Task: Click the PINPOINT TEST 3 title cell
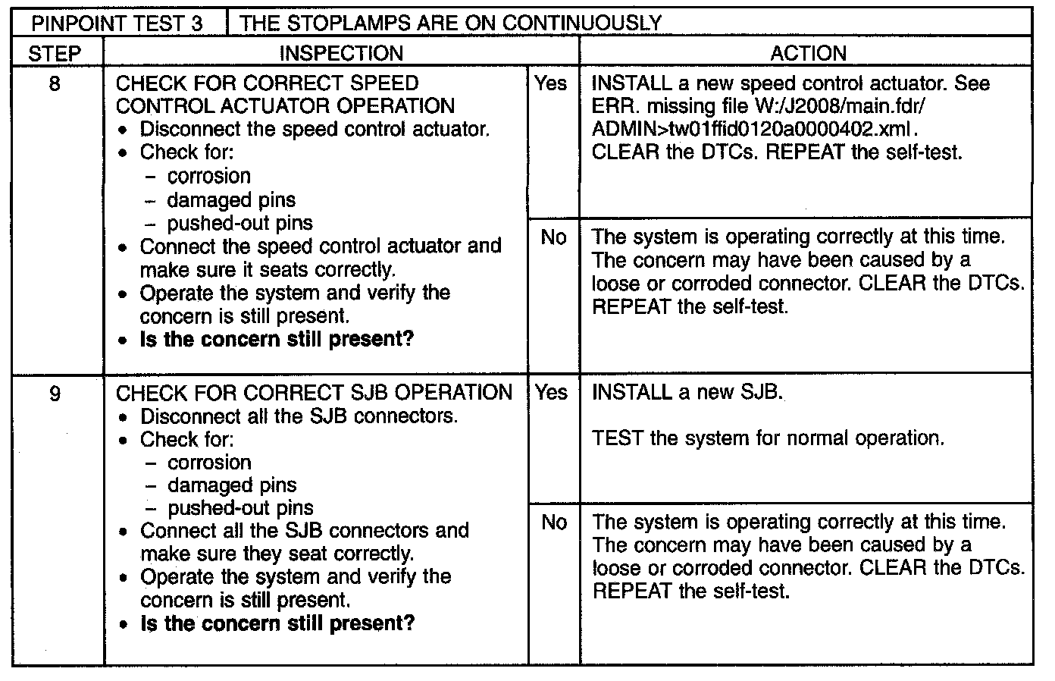[x=117, y=23]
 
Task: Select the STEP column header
[x=55, y=53]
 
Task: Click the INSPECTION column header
[x=341, y=53]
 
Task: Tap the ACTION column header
[x=808, y=53]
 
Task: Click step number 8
[x=55, y=83]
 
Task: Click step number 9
[x=55, y=393]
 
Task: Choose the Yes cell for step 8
[x=551, y=83]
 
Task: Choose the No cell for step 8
[x=553, y=237]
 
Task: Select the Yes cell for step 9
[x=551, y=392]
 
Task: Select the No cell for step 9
[x=554, y=522]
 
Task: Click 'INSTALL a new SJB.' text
[x=687, y=392]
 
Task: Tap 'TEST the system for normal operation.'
[x=768, y=438]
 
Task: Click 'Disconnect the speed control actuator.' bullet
[x=315, y=129]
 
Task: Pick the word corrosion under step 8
[x=208, y=176]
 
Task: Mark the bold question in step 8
[x=277, y=338]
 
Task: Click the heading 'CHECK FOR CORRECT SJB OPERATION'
[x=314, y=393]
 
